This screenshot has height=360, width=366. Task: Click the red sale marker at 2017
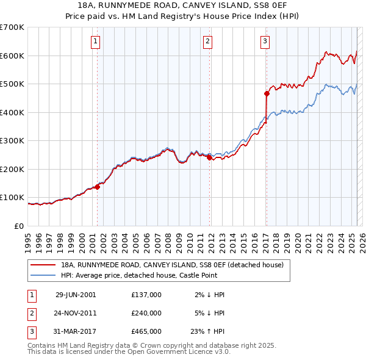pos(267,93)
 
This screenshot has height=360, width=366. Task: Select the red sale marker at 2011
pos(209,157)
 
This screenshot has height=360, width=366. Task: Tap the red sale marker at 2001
pos(97,187)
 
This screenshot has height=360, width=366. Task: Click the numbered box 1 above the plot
pos(97,41)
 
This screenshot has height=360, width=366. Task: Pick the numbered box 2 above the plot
pos(208,41)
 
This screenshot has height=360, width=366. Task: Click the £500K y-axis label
pos(12,84)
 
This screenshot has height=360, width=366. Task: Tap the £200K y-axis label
pos(12,169)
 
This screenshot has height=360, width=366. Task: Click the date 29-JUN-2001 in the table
pos(76,295)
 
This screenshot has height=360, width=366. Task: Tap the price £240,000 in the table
pos(146,313)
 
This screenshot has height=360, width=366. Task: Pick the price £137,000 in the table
pos(146,295)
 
